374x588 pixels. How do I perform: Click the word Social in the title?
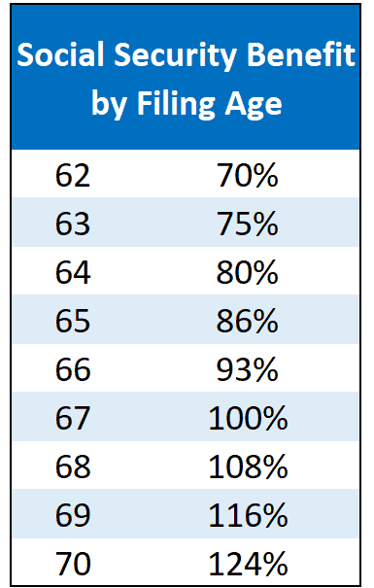[60, 54]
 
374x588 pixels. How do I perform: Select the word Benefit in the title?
[300, 54]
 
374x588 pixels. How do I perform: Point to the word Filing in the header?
[176, 105]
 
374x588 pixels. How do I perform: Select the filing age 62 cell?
[73, 175]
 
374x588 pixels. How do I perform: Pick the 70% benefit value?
[248, 175]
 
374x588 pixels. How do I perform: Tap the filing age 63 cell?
[73, 224]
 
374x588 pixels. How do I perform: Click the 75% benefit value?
[248, 224]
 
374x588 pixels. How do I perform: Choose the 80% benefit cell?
[248, 272]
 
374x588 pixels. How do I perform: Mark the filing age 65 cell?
[73, 321]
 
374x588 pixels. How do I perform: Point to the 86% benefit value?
[248, 321]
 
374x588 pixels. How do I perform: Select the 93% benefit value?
[248, 369]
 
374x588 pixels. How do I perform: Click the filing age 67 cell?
[73, 418]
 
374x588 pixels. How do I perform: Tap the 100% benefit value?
[248, 418]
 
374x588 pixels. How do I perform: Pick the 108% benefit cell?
[248, 467]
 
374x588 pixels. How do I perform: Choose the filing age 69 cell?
[73, 515]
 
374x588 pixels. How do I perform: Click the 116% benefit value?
[248, 515]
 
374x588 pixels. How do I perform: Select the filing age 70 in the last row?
[73, 564]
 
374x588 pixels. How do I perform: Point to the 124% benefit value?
[248, 564]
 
